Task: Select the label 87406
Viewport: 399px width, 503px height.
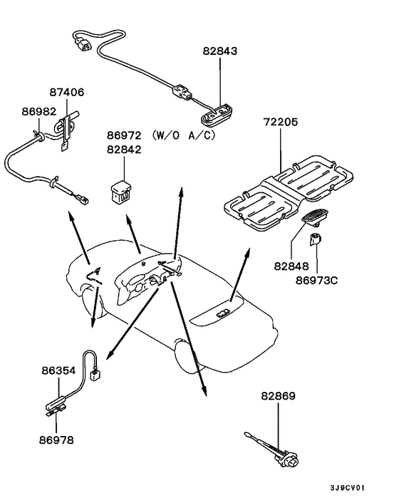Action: click(67, 92)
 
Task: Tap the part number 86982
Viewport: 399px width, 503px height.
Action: click(38, 113)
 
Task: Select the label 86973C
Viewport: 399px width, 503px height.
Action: click(316, 280)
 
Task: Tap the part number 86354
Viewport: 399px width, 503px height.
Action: click(58, 371)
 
